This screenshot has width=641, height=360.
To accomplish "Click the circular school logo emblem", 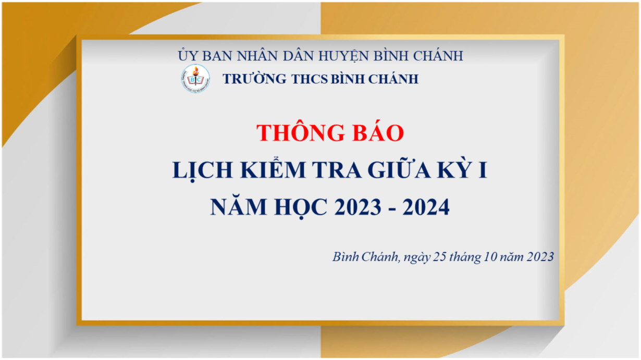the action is pos(195,79).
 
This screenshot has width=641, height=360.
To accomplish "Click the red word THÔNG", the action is pos(301,132).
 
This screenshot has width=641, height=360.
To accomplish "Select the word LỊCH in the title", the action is pos(202,170).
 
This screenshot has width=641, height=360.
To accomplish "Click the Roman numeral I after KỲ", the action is pos(483,170).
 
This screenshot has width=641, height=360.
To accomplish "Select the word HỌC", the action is pos(301,207).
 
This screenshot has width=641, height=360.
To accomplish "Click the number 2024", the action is pos(426,207).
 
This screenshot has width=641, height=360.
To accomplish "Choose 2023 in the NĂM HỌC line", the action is pos(358,207).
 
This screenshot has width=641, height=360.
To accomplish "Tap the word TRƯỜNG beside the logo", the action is pos(254,79).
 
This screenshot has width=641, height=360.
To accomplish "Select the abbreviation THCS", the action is pos(310,79).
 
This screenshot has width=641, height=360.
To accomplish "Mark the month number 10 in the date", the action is pos(490,257).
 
